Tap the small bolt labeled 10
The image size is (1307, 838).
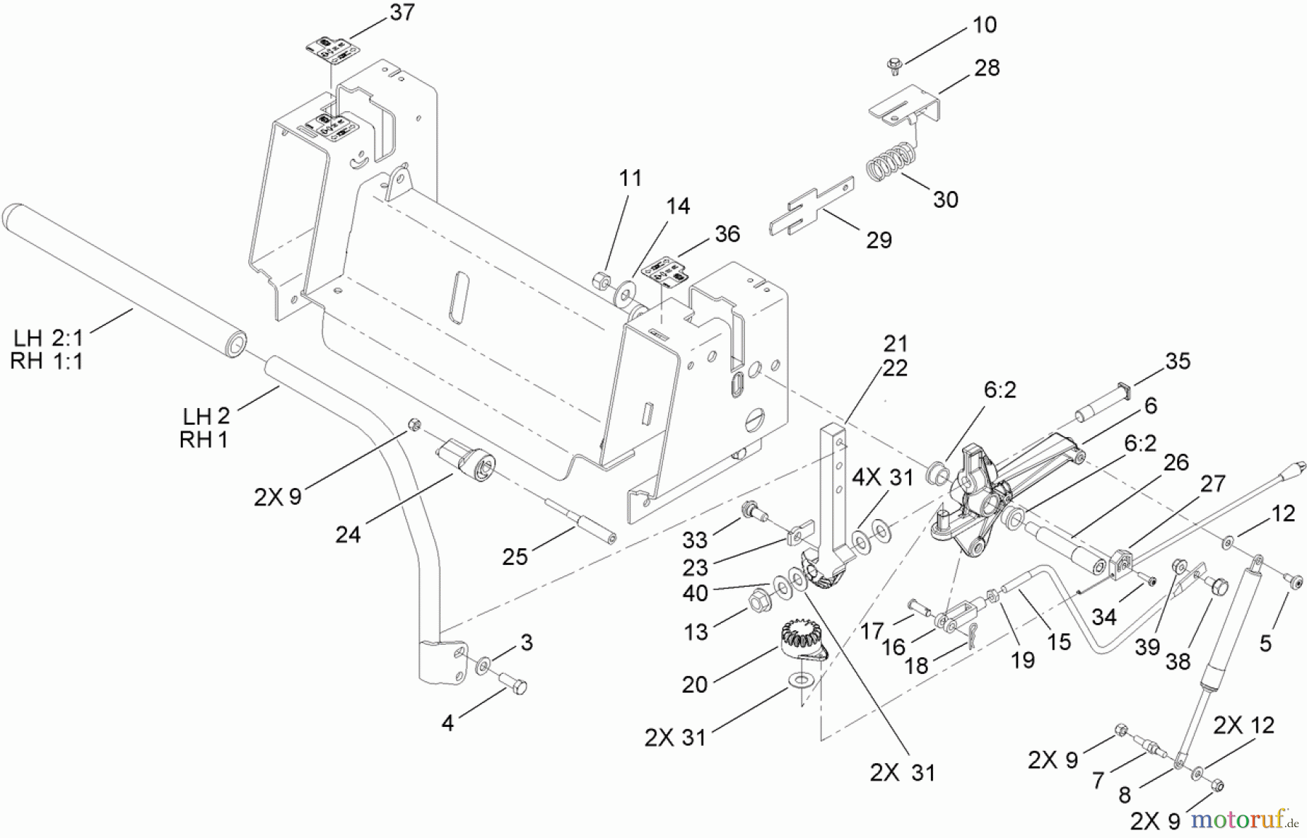coord(893,65)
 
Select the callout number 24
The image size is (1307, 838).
coord(348,535)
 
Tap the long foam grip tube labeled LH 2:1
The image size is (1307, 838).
coord(123,281)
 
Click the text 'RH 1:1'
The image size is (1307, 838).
coord(46,361)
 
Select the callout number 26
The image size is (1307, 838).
coord(1176,462)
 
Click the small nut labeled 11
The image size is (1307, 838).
coord(601,280)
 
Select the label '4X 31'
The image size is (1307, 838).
coord(882,477)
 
